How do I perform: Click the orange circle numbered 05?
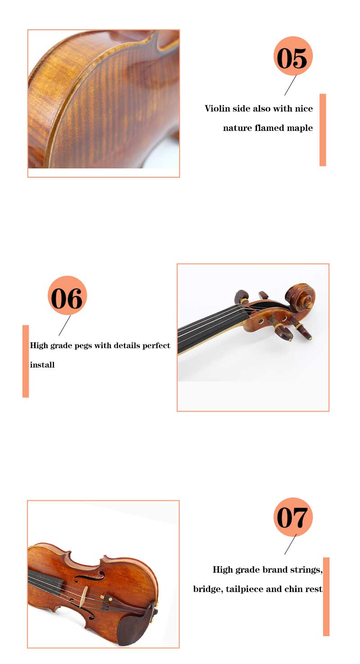[x=293, y=56]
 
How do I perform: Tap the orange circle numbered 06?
[x=67, y=296]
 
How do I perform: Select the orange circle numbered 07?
[x=293, y=517]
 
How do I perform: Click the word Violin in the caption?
[x=217, y=108]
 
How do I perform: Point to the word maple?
[x=300, y=128]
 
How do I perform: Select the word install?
[x=42, y=365]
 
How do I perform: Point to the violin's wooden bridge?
[x=84, y=596]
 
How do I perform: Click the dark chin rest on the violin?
[x=134, y=628]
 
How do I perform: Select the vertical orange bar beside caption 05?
[x=323, y=130]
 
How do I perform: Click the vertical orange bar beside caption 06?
[x=26, y=361]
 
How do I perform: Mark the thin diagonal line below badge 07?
[x=290, y=544]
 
